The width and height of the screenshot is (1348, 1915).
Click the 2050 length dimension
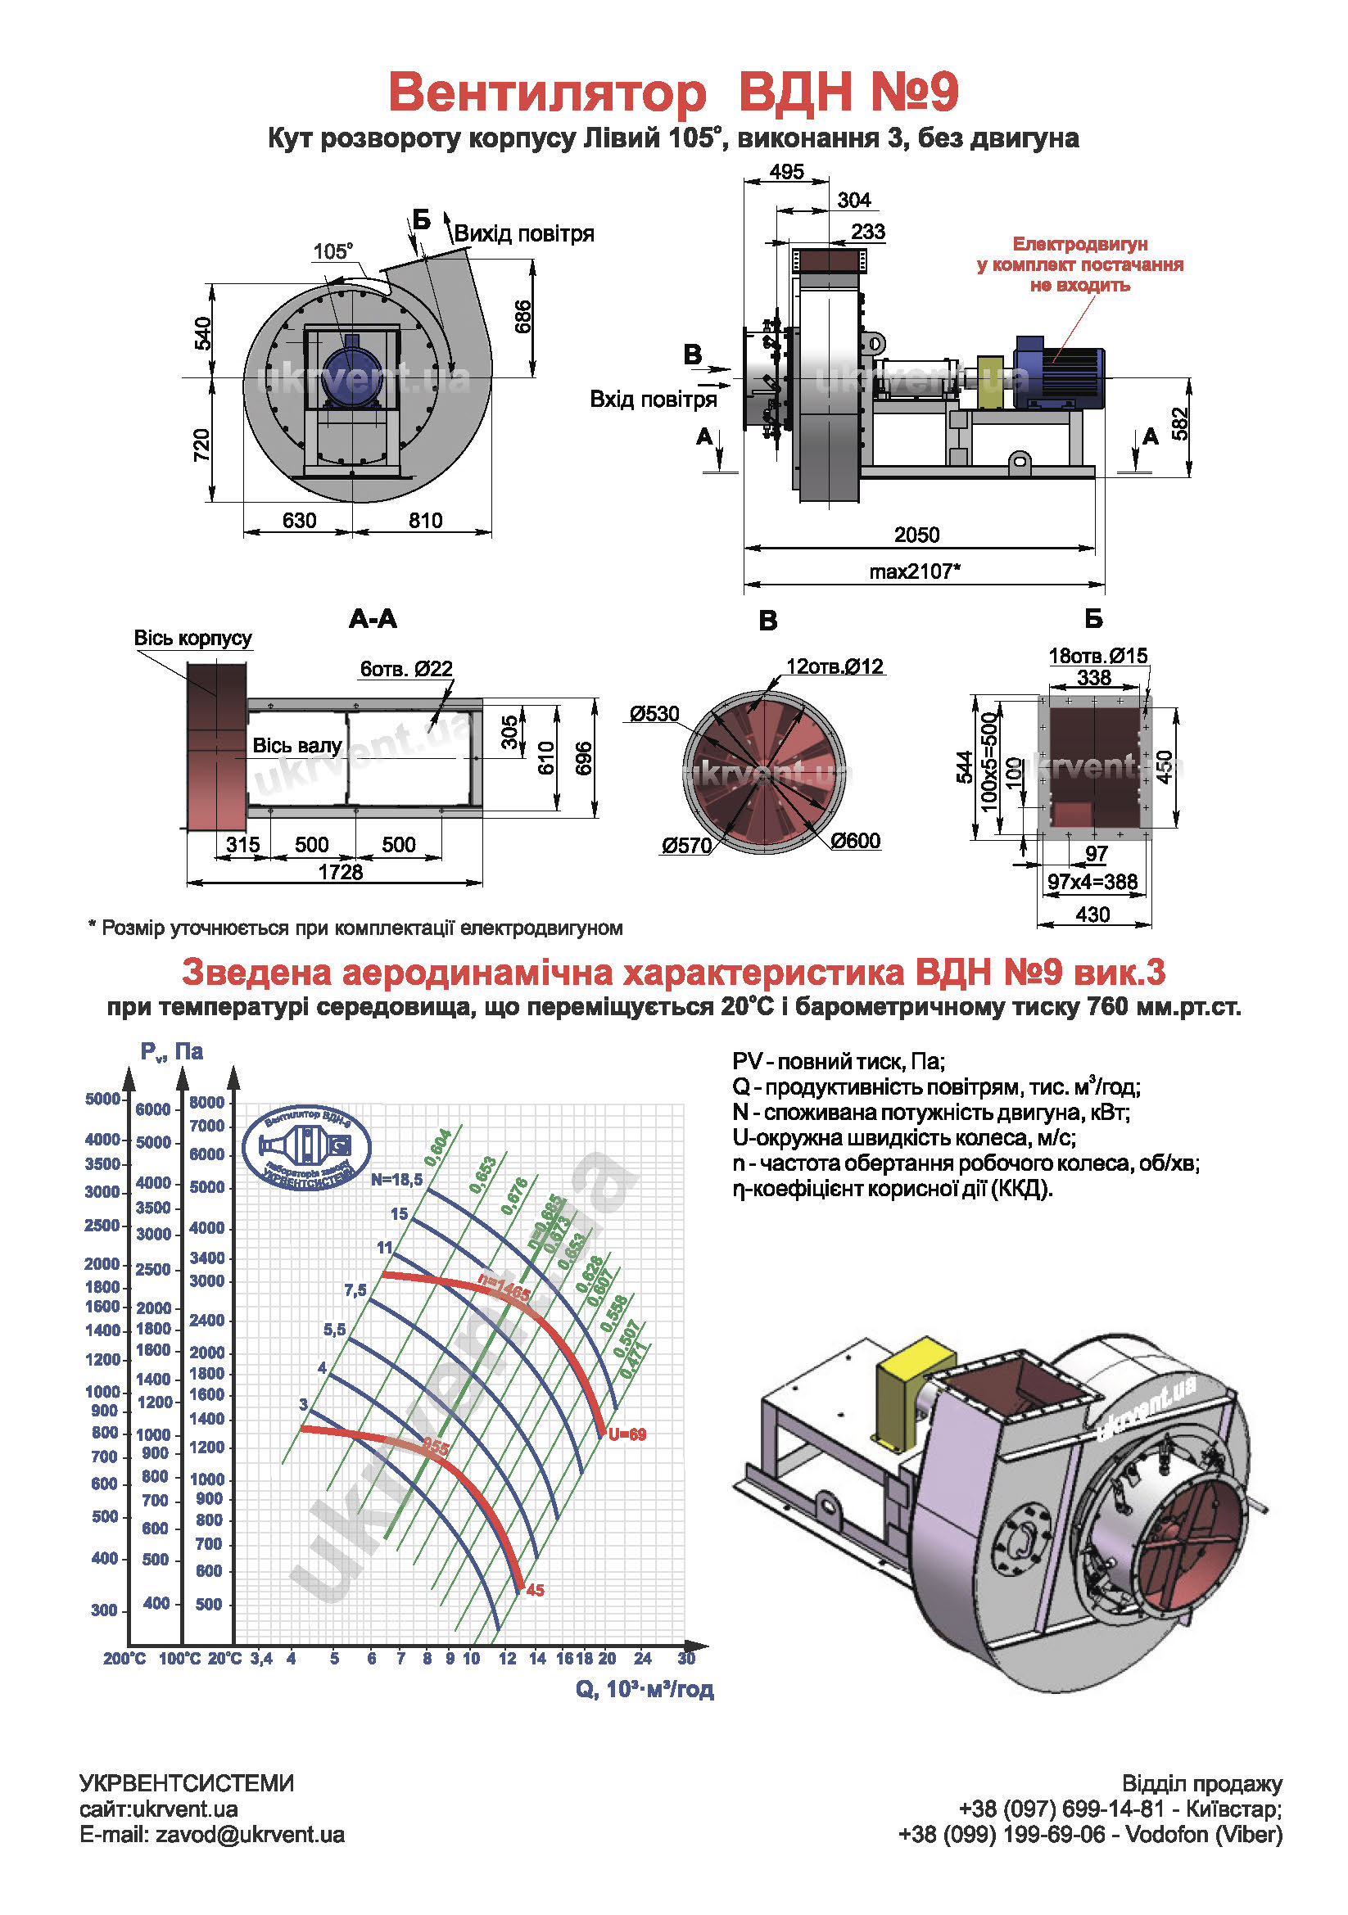pos(916,535)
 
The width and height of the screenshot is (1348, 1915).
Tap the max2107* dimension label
pos(914,571)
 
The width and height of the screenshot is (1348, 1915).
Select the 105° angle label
pos(332,251)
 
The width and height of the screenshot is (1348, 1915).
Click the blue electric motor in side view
pos(1059,372)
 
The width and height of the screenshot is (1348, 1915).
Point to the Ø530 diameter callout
pos(655,714)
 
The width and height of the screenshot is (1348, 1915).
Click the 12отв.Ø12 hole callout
pos(835,666)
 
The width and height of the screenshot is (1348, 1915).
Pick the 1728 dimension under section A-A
pos(341,873)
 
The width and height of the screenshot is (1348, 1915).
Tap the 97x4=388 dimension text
pos(1092,882)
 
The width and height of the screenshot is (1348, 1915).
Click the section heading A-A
pos(373,619)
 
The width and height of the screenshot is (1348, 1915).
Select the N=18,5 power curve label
pos(397,1179)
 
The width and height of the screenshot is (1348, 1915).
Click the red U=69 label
pos(627,1434)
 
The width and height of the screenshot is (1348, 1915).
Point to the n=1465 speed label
pos(504,1288)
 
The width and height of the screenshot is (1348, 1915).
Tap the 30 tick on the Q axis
pos(685,1658)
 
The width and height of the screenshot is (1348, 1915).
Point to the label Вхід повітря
pos(654,400)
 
